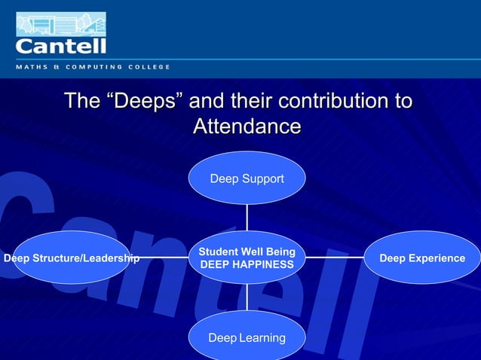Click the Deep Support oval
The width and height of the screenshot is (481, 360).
(x=247, y=178)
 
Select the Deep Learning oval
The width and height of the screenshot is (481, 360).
(x=247, y=337)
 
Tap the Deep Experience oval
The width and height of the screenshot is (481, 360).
(x=422, y=258)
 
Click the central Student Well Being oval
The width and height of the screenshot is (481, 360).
(x=247, y=258)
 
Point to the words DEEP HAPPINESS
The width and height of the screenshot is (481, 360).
(x=247, y=265)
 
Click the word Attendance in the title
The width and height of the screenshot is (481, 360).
(x=247, y=126)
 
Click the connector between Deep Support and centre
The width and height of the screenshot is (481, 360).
(x=247, y=217)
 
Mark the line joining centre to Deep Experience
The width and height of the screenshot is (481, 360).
(x=335, y=258)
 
